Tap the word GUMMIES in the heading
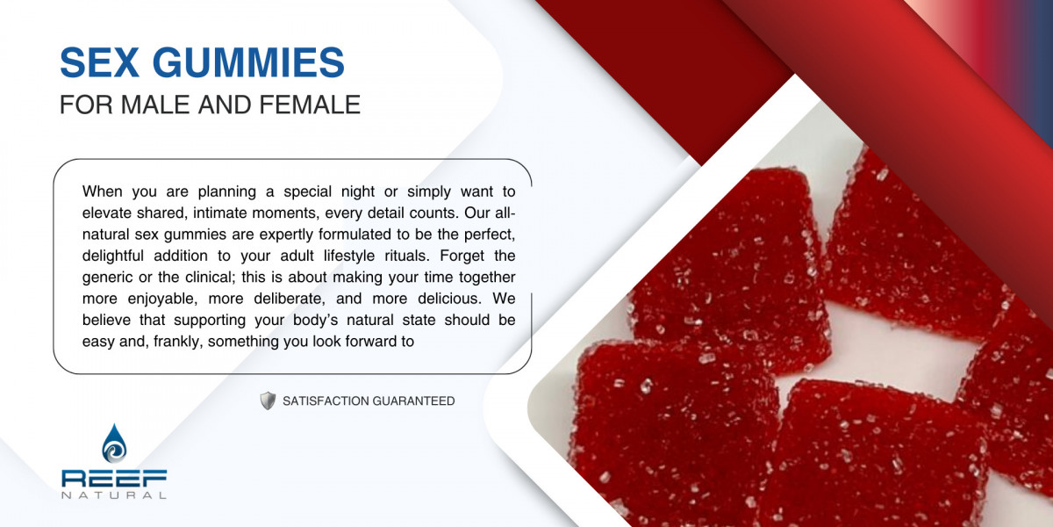248,62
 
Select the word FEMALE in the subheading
310,105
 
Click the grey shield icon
268,401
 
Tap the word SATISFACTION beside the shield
326,401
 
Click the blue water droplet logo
114,444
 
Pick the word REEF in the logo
114,479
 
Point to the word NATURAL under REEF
114,495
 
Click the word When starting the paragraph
103,191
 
